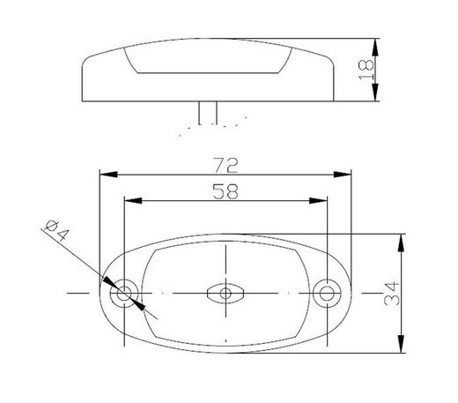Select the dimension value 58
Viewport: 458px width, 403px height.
[226, 190]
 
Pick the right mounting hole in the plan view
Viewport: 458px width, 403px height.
[329, 292]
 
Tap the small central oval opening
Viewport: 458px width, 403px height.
[226, 293]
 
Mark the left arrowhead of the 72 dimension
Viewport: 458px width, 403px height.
[105, 174]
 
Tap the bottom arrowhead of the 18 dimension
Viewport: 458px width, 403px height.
[376, 81]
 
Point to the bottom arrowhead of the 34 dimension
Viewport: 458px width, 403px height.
[402, 347]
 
